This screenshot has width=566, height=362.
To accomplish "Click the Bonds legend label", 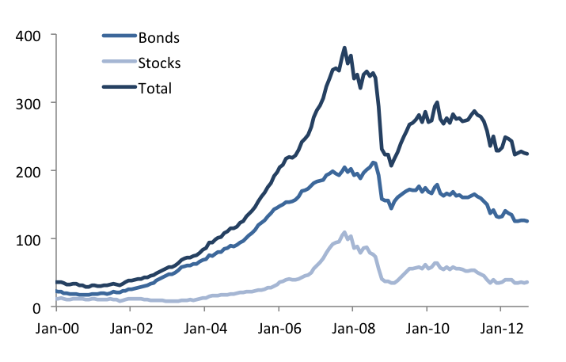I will click(158, 37).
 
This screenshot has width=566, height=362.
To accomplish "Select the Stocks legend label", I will click(160, 63).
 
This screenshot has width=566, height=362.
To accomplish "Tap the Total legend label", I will click(155, 88).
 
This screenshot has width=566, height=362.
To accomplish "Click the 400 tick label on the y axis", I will click(30, 35).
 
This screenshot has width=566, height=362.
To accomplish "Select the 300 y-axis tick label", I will click(30, 103).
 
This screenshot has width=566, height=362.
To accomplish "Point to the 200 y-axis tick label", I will click(30, 171).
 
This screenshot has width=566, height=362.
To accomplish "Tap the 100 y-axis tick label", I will click(30, 239).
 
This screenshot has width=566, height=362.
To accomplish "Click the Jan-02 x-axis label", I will click(130, 326).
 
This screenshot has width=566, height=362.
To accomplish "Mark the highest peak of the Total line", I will click(344, 48).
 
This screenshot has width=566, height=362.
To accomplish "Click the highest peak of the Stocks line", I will click(344, 233).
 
